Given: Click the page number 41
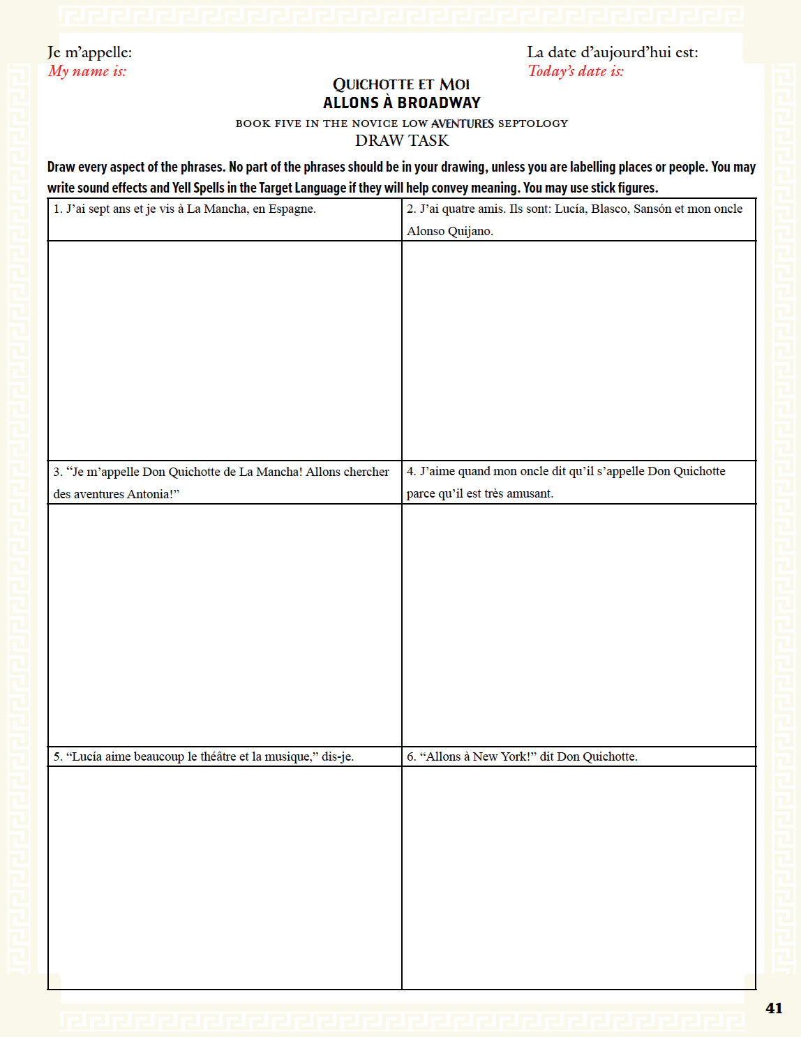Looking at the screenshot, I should click(773, 1008).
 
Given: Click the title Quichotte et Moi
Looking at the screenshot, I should click(401, 84).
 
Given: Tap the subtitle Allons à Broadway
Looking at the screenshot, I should click(401, 103).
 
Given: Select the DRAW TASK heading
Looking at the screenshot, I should click(401, 140).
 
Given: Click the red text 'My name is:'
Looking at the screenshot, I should click(87, 71).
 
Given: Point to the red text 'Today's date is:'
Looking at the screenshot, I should click(576, 71).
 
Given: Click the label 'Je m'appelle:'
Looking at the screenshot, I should click(89, 52).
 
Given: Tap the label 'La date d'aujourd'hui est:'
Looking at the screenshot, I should click(612, 52).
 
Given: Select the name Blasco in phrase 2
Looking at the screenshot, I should click(609, 209).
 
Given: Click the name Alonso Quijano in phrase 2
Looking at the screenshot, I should click(449, 231).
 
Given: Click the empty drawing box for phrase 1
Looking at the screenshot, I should click(225, 350).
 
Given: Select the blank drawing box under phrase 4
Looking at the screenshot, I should click(578, 625).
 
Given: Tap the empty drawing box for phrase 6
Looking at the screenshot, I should click(578, 877).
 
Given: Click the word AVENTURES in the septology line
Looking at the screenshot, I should click(462, 124).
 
